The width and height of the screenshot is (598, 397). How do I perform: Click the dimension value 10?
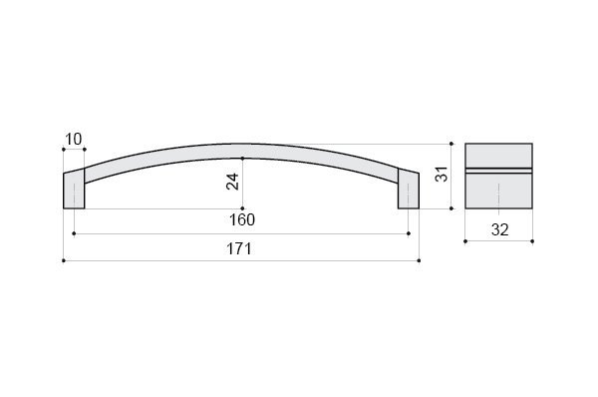74,140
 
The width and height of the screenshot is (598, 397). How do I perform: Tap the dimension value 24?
232,182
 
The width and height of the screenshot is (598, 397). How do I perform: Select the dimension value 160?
242,219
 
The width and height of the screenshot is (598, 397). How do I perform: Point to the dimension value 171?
239,249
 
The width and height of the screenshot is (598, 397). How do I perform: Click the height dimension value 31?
442,175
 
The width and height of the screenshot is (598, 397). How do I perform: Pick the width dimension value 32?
499,230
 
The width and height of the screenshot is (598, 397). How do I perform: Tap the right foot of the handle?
409,189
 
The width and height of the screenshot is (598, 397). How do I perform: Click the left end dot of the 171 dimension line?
64,260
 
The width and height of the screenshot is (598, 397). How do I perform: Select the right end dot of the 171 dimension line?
420,260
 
